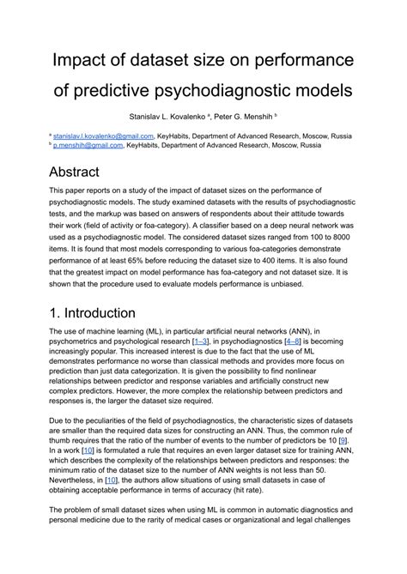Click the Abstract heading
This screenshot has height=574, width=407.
[x=86, y=172]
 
